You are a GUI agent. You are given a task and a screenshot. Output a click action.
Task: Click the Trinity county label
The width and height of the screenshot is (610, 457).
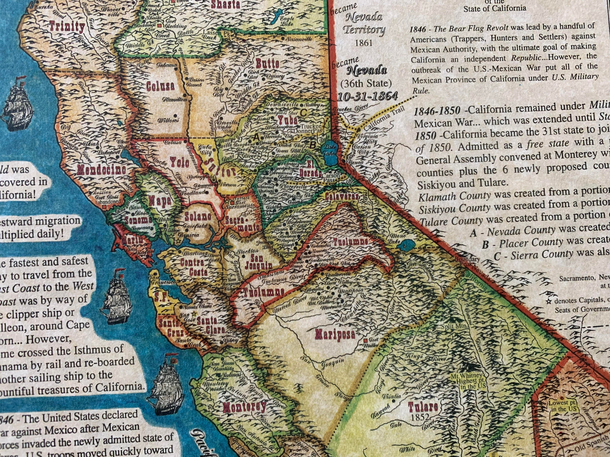[x=67, y=27]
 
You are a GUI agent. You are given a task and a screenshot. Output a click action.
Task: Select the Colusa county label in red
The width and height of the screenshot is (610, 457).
[x=160, y=86]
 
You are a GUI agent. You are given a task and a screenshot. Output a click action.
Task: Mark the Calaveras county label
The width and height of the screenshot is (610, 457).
[x=342, y=196]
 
